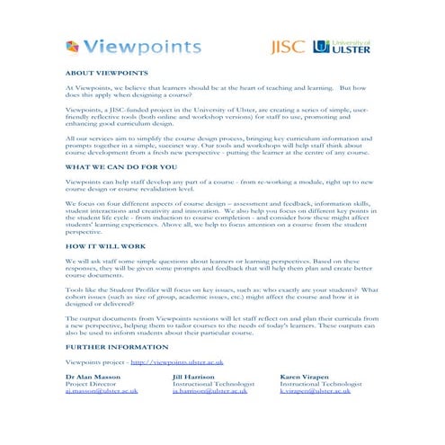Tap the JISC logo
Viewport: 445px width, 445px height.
[x=289, y=46]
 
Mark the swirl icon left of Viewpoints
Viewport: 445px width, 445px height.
[x=74, y=47]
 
